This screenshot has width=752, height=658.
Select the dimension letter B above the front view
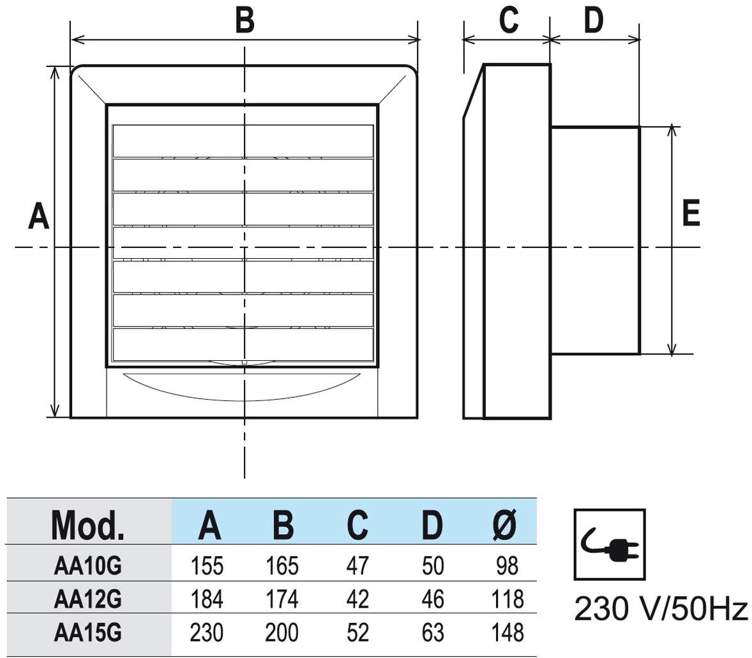click(x=244, y=20)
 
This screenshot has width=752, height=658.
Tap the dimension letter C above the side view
click(x=508, y=20)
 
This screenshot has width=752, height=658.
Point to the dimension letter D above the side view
click(x=593, y=20)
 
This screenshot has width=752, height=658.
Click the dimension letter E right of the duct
click(x=691, y=213)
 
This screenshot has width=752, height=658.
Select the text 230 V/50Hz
click(x=661, y=609)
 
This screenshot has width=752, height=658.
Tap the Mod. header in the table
click(x=88, y=525)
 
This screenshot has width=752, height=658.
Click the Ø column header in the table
click(x=505, y=525)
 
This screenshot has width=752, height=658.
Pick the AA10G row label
click(x=88, y=565)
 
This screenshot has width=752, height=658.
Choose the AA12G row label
click(x=88, y=599)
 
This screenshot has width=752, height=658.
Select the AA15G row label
click(x=88, y=632)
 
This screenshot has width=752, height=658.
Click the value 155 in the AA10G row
click(x=207, y=566)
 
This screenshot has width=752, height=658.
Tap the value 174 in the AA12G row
click(x=282, y=599)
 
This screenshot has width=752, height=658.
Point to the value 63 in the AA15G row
click(x=432, y=633)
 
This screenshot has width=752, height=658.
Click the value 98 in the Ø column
click(x=506, y=566)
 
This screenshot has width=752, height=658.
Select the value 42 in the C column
click(x=357, y=599)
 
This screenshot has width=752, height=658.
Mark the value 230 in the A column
click(x=207, y=633)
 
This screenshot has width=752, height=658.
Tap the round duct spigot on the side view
click(x=595, y=240)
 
